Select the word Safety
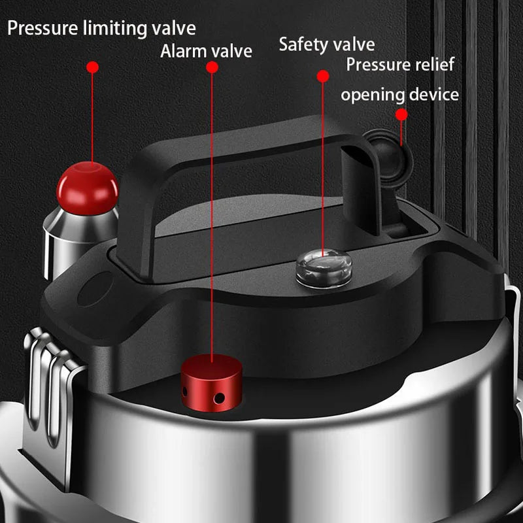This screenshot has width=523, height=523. click(x=304, y=44)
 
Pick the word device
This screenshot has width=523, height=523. click(x=434, y=94)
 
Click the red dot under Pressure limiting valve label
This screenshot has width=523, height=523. click(x=92, y=67)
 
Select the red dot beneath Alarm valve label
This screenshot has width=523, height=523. click(x=211, y=67)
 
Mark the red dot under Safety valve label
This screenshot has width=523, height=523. click(x=322, y=76)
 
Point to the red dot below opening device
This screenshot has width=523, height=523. click(x=401, y=114)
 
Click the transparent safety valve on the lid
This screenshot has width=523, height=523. click(x=324, y=267)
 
